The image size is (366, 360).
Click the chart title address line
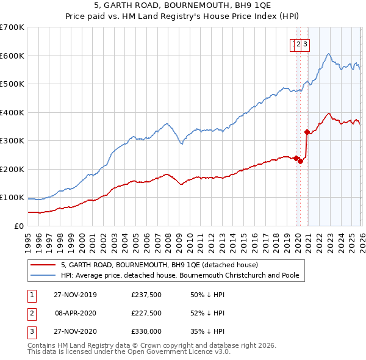(x=183, y=5)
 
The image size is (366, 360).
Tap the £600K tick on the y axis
(x=12, y=56)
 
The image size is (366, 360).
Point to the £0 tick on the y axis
(x=20, y=226)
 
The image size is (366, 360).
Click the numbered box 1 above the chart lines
(x=293, y=43)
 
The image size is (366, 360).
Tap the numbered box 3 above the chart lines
(x=305, y=43)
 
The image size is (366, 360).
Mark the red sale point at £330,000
(x=307, y=131)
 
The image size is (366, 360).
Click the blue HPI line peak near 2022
(x=329, y=54)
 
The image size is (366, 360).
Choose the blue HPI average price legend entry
(x=180, y=275)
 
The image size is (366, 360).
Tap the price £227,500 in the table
(x=146, y=314)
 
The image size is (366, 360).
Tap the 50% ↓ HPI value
(x=208, y=295)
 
